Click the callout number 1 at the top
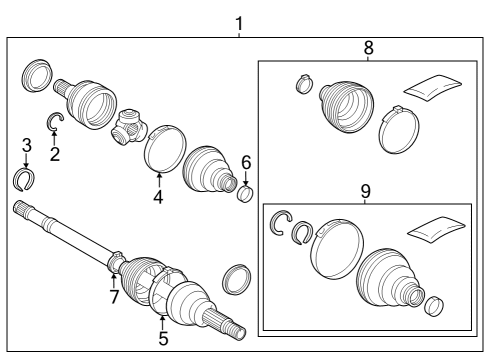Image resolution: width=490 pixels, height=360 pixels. point(237,20)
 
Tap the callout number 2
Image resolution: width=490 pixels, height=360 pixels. point(55,153)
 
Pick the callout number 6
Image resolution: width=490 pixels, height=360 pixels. point(246,161)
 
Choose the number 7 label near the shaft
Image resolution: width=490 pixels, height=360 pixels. point(113,298)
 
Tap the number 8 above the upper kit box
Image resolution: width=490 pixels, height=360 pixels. point(367,47)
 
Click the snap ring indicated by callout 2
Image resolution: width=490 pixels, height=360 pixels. point(57,123)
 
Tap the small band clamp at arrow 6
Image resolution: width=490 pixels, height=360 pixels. point(246,190)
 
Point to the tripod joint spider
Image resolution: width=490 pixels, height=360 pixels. point(128,127)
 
